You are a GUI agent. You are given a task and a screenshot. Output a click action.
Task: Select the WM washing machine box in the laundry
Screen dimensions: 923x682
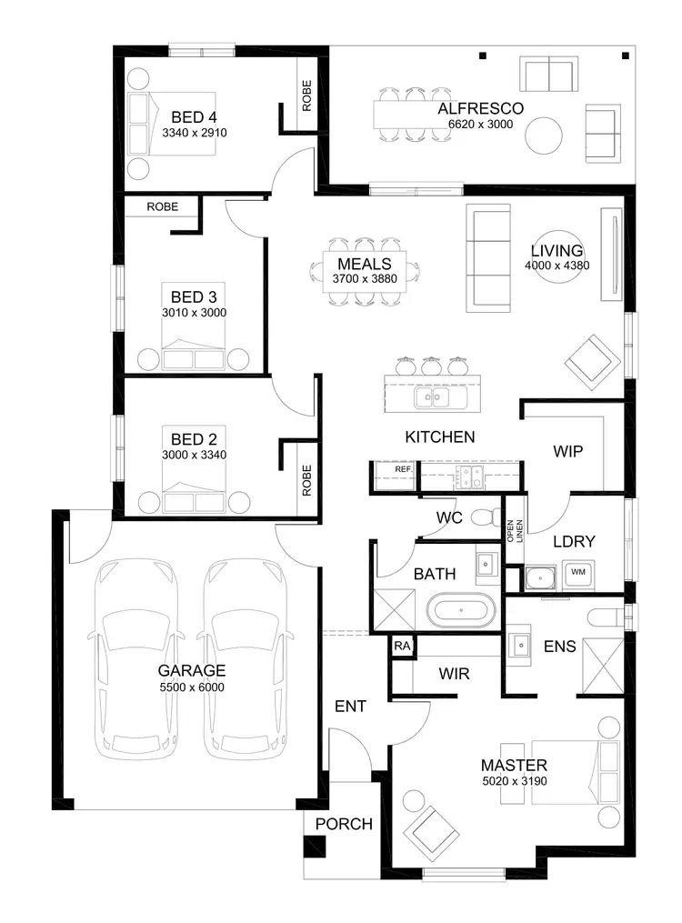coord(578,573)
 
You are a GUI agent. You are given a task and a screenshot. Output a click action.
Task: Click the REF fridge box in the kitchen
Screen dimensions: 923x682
coord(403,470)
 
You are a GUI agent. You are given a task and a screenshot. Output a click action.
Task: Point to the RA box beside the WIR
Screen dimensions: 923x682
coord(401,645)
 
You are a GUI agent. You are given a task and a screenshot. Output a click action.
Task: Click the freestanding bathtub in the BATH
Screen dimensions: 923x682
coord(459,610)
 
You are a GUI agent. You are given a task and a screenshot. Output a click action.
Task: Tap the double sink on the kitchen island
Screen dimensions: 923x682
coord(441,397)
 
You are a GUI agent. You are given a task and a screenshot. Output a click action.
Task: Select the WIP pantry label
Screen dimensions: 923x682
coord(567,451)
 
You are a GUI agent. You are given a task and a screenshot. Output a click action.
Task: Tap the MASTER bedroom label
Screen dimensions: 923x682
coord(514,765)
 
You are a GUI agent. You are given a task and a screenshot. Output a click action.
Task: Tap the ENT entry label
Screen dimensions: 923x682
coord(350,706)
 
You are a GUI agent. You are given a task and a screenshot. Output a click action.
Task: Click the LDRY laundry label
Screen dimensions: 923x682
coord(574,541)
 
